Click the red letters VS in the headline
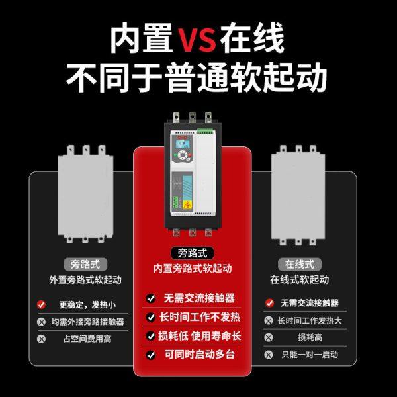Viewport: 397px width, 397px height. point(197,40)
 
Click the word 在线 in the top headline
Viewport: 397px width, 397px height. point(253,40)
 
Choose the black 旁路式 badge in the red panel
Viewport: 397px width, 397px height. point(193,253)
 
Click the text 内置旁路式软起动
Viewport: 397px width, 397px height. point(193,269)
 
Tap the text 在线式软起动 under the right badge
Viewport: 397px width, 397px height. point(300,279)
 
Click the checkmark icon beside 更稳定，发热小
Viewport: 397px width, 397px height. point(42,304)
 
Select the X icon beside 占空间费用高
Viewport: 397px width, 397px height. point(42,339)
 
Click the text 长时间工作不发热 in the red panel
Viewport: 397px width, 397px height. point(200,317)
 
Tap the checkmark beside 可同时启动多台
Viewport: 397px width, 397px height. point(151,354)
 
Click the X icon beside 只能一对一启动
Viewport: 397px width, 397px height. point(269,354)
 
